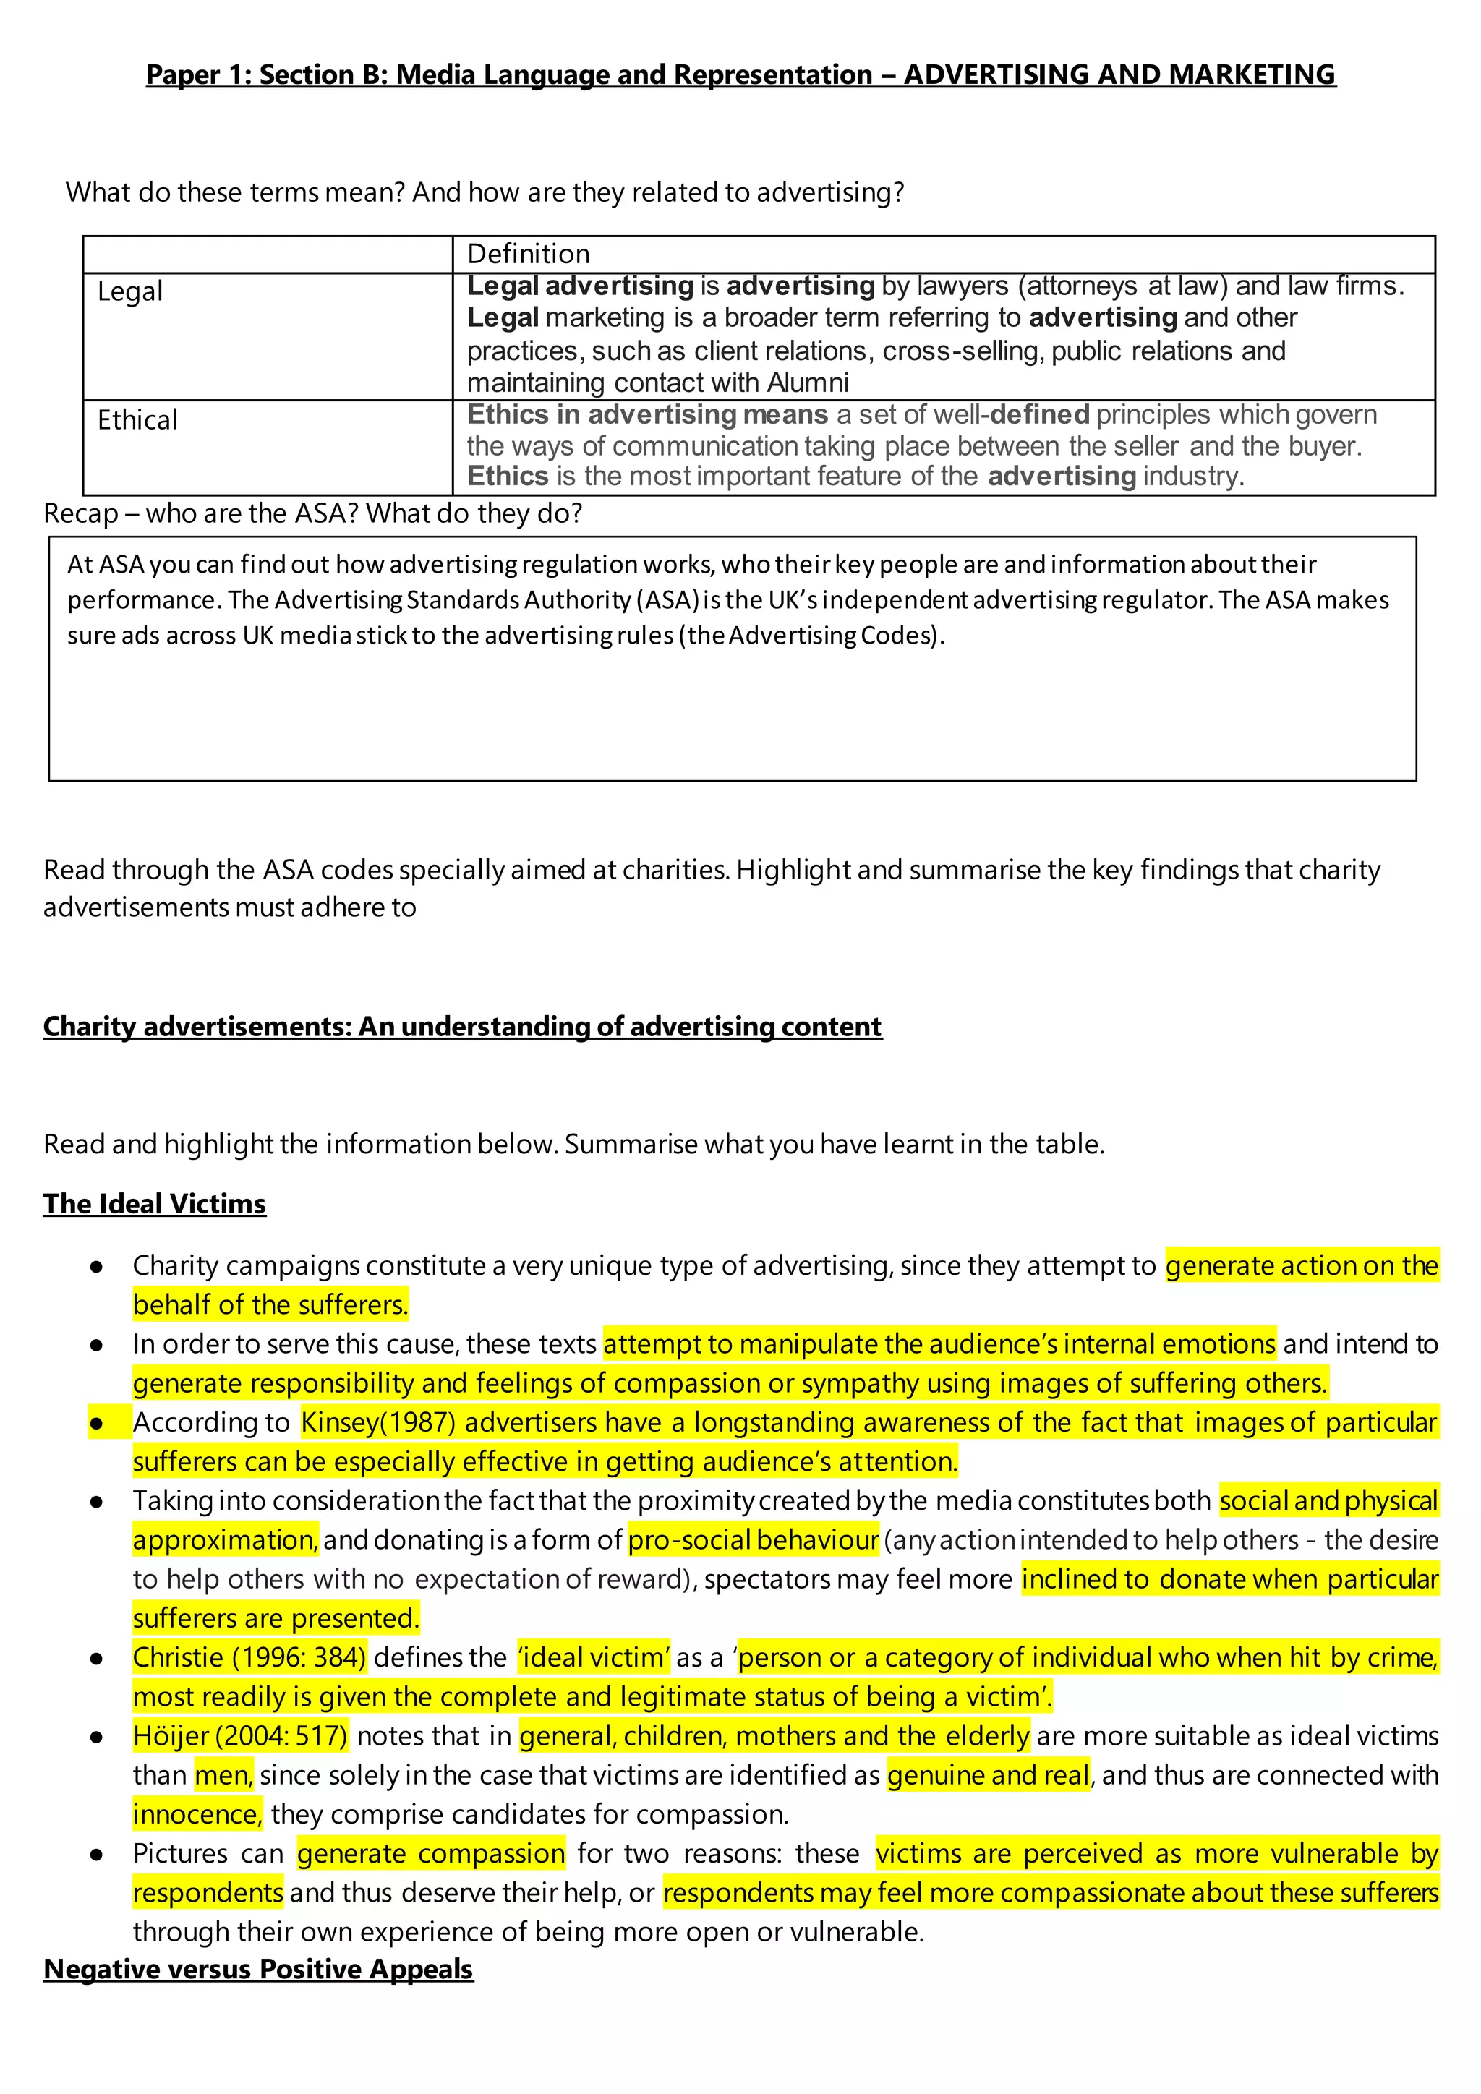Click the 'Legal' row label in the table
click(129, 292)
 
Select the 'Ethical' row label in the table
click(137, 420)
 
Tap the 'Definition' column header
click(528, 254)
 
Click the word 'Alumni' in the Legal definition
click(808, 383)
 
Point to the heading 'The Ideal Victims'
click(154, 1204)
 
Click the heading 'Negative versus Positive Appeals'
click(258, 1969)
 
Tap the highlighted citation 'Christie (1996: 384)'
click(249, 1657)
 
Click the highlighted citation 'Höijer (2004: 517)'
click(240, 1735)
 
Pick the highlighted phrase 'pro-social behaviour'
click(754, 1540)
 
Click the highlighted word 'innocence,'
click(197, 1814)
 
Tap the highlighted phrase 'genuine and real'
click(988, 1775)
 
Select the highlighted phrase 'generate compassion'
click(430, 1853)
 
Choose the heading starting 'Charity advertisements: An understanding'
click(462, 1027)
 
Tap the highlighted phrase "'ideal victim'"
click(594, 1657)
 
